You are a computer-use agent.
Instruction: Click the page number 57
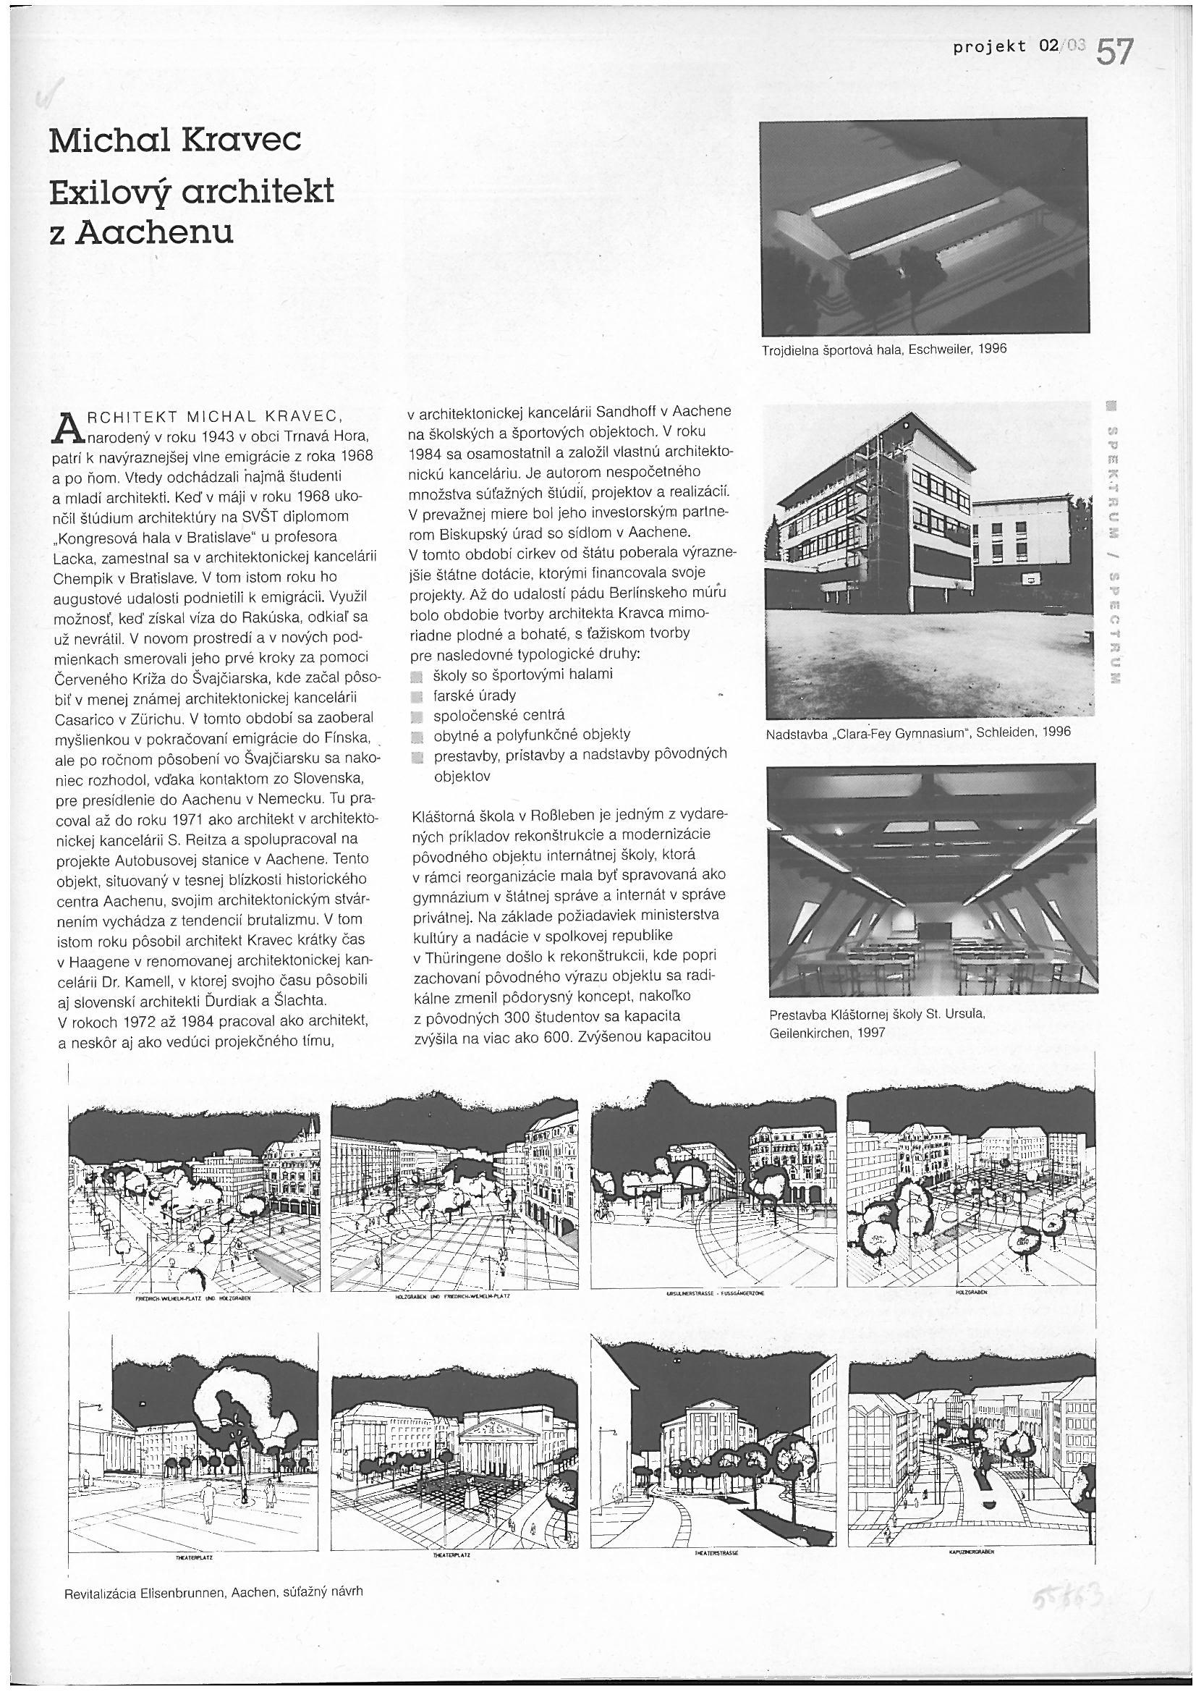(1113, 53)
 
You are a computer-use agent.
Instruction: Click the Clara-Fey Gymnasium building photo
(930, 560)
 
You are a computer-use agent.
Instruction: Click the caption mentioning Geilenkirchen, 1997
(877, 1023)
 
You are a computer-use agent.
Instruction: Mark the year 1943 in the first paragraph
(213, 436)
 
